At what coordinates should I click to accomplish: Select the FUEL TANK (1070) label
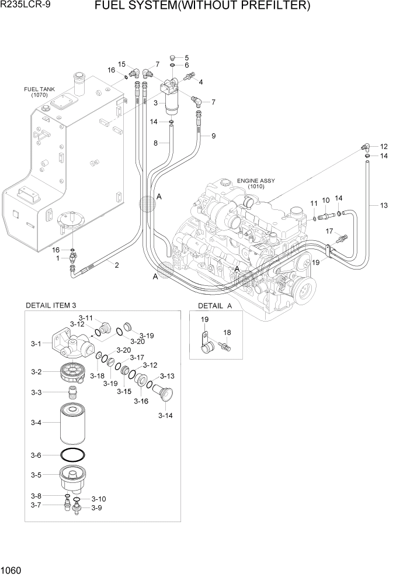click(39, 92)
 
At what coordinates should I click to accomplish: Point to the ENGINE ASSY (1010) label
click(255, 184)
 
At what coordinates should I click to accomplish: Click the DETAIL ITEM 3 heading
click(51, 305)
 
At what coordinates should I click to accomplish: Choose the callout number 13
click(384, 205)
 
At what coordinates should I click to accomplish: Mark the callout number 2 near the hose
click(117, 265)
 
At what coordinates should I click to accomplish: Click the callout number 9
click(213, 136)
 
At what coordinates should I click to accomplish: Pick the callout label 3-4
click(36, 422)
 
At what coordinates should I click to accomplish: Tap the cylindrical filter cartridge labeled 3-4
click(74, 424)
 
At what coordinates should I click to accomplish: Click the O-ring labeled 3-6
click(74, 456)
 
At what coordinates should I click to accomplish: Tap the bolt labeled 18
click(226, 347)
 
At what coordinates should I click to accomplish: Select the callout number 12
click(384, 146)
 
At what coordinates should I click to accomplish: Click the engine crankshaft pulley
click(304, 289)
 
